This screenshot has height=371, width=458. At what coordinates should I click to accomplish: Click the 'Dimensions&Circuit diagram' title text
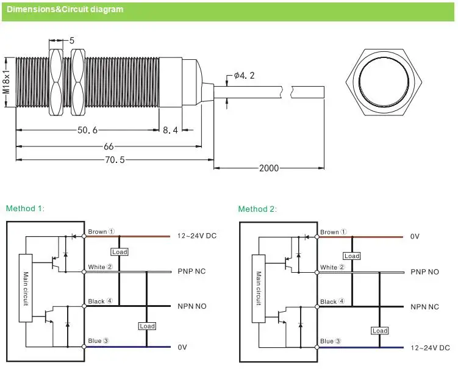pos(65,9)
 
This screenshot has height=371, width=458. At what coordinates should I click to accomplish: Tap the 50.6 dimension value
pos(87,130)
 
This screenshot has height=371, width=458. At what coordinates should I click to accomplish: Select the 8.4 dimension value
pos(170,130)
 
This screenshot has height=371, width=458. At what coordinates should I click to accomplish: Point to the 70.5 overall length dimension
pos(115,160)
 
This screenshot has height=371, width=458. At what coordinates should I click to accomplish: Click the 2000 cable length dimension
pos(269,168)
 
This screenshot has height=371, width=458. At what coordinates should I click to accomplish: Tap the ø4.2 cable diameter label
pos(244,76)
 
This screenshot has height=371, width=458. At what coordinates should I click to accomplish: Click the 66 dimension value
pos(109,146)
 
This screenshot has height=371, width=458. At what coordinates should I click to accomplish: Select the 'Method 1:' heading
pos(25,209)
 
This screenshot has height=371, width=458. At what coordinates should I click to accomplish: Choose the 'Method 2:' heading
pos(257,209)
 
